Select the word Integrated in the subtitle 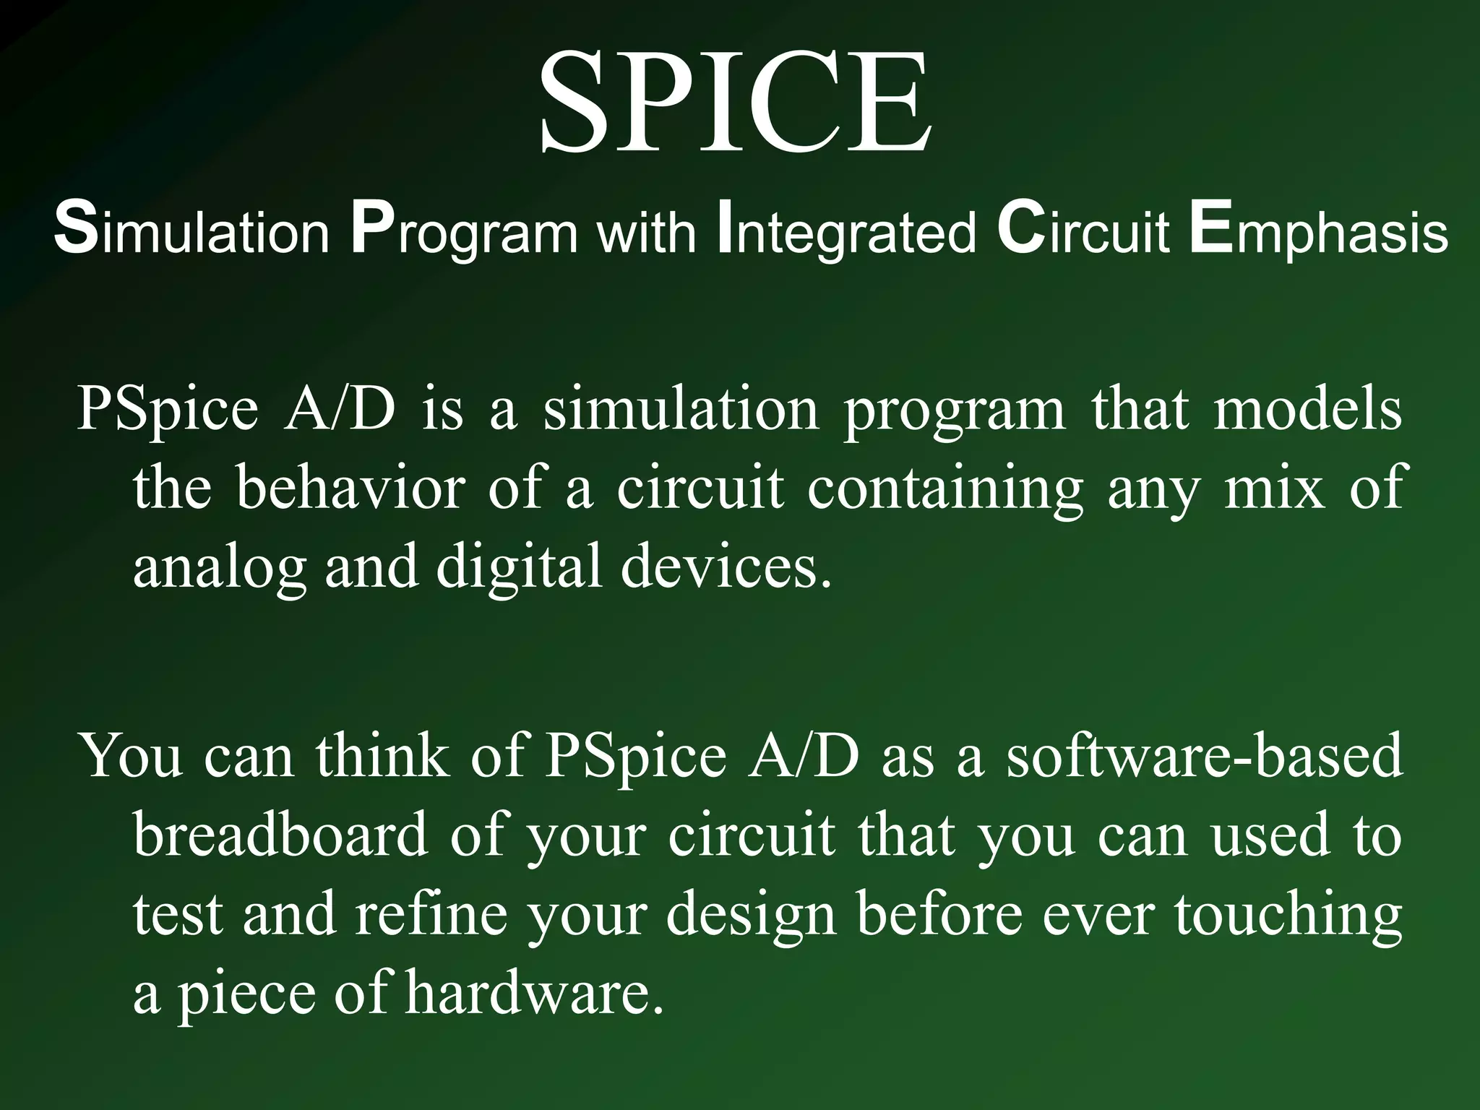[x=846, y=233]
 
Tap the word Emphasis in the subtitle [x=1319, y=233]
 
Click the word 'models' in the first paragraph [x=1307, y=409]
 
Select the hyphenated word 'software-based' [x=1205, y=756]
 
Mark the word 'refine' [x=431, y=913]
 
